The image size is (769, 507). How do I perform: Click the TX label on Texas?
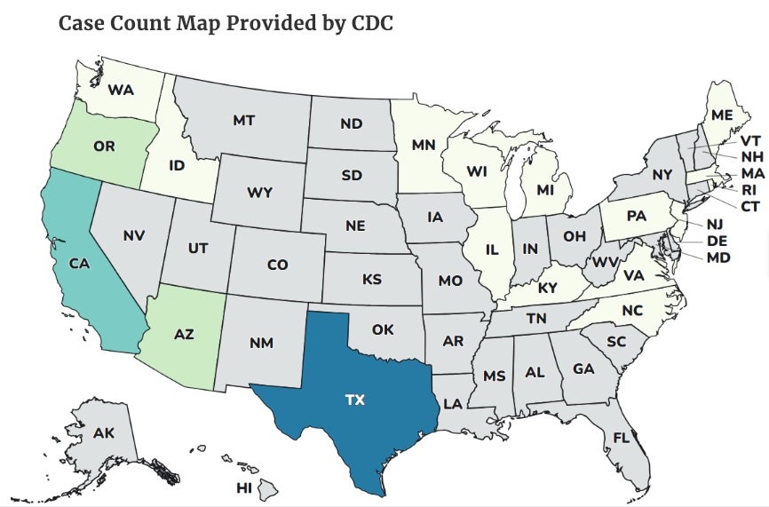(x=355, y=400)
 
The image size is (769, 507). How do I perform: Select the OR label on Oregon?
(x=104, y=146)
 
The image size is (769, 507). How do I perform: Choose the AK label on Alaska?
(x=103, y=433)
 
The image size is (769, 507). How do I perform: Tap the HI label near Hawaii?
(x=244, y=487)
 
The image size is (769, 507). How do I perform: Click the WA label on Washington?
(x=121, y=90)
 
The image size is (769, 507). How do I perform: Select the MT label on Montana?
(x=244, y=120)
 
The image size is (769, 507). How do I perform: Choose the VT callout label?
(x=750, y=140)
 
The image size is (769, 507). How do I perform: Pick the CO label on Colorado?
(x=277, y=265)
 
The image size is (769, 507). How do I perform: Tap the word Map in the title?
(x=185, y=23)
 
